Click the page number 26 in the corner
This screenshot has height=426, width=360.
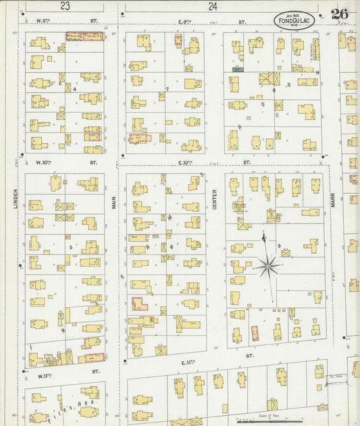(340, 14)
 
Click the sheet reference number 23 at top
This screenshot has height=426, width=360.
(65, 6)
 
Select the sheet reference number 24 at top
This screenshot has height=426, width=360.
(213, 6)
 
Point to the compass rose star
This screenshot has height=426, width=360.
(269, 266)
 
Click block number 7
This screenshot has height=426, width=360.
(167, 89)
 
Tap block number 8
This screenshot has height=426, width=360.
(274, 89)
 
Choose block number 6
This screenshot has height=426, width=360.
(172, 247)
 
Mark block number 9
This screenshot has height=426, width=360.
(278, 246)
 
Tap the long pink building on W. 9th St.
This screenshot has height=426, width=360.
(84, 36)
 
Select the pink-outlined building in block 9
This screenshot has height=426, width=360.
(255, 334)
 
